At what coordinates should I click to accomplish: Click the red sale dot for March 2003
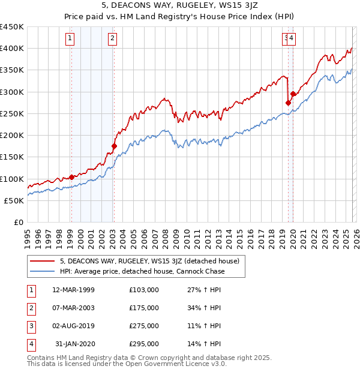click(x=114, y=146)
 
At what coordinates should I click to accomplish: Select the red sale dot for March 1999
click(x=71, y=177)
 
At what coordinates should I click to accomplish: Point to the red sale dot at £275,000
click(x=287, y=103)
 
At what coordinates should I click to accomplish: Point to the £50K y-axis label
click(x=14, y=200)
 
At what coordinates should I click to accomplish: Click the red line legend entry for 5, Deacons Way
click(x=149, y=261)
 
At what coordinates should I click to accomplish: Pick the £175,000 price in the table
click(x=144, y=308)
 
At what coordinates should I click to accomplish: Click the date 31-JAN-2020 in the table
click(x=74, y=344)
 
